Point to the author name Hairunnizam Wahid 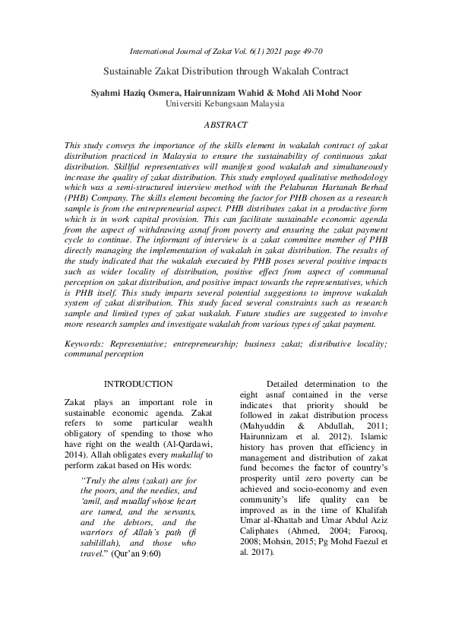coord(219,93)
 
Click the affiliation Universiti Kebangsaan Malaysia coord(225,104)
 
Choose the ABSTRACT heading coord(226,123)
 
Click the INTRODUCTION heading coord(138,385)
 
